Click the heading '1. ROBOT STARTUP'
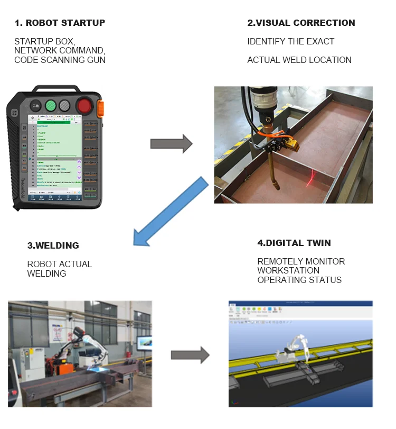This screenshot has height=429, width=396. tap(60, 23)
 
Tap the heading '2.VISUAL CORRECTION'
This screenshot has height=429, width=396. tap(301, 23)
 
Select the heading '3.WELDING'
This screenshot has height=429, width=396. tap(53, 245)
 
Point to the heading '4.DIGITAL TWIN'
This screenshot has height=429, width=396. tap(294, 243)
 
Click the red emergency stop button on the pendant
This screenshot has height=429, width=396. tap(84, 106)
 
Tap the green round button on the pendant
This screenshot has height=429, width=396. tap(51, 105)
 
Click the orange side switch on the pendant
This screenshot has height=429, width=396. tap(101, 109)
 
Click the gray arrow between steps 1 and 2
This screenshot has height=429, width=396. tap(171, 144)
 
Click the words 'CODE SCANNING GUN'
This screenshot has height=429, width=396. tap(60, 60)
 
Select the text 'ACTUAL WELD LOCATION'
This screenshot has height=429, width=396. tap(299, 60)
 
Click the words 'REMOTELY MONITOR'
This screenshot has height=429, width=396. tap(301, 261)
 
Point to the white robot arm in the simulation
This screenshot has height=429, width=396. tap(300, 346)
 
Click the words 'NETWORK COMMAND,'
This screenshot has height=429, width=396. tap(60, 51)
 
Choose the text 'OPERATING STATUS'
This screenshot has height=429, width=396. tap(299, 280)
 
